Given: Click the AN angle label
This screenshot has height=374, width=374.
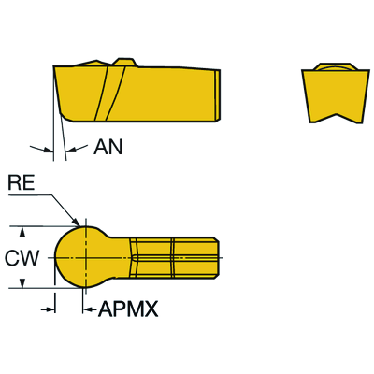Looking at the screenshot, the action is point(108,147).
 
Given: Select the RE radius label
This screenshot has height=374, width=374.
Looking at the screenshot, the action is point(22,183).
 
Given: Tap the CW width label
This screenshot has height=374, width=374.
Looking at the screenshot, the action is point(22,258).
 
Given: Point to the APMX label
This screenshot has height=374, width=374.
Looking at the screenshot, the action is point(128,309).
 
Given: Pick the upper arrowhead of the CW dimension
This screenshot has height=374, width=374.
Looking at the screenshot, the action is point(22,232).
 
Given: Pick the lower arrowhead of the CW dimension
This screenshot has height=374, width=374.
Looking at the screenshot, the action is point(22,283).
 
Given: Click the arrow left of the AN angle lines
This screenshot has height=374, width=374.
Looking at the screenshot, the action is point(41,149).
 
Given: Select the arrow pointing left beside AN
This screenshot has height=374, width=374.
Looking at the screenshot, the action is point(78,149).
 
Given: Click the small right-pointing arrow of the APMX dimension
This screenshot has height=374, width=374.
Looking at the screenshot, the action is point(48,309).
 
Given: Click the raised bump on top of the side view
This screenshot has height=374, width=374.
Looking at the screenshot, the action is point(124,62).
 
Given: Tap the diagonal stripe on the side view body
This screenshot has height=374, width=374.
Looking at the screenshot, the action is point(110,93).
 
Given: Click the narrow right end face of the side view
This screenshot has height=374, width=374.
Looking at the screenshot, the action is point(218,94).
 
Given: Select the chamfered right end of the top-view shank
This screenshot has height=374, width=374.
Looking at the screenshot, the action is point(217,257).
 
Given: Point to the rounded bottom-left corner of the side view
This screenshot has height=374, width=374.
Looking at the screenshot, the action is point(67,117).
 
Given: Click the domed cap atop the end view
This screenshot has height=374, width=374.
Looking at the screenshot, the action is point(336,66).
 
